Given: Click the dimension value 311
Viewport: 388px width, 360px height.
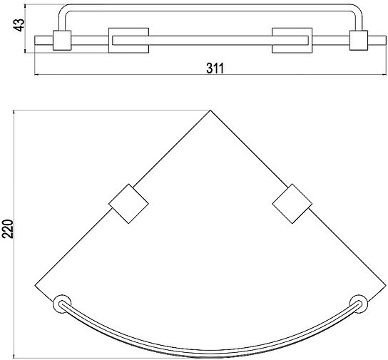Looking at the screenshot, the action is click(215, 68).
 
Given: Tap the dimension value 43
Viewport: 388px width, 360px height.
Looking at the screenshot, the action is click(19, 25).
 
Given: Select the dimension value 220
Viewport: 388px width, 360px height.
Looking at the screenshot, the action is click(8, 229).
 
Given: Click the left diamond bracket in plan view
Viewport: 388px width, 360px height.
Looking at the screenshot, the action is click(128, 204).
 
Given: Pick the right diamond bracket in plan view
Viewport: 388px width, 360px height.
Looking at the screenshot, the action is click(292, 204).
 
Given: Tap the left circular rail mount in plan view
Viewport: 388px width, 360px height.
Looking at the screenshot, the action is click(62, 304).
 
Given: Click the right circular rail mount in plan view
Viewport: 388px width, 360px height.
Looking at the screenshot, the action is click(359, 304).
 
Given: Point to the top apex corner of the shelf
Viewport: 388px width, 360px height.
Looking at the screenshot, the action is click(210, 110).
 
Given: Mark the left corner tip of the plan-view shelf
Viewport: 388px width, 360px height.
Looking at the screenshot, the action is click(35, 286).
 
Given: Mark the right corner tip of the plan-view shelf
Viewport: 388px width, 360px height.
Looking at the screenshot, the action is click(386, 286).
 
